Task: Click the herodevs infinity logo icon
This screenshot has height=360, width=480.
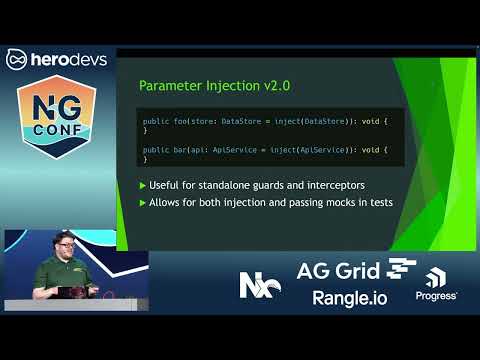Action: [x=17, y=60]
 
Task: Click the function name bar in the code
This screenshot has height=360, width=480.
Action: [x=174, y=150]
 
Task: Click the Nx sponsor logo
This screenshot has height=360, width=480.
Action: [x=259, y=284]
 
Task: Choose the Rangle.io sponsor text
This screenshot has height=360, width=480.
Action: [x=348, y=297]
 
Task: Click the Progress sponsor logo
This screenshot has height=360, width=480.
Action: [x=436, y=287]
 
